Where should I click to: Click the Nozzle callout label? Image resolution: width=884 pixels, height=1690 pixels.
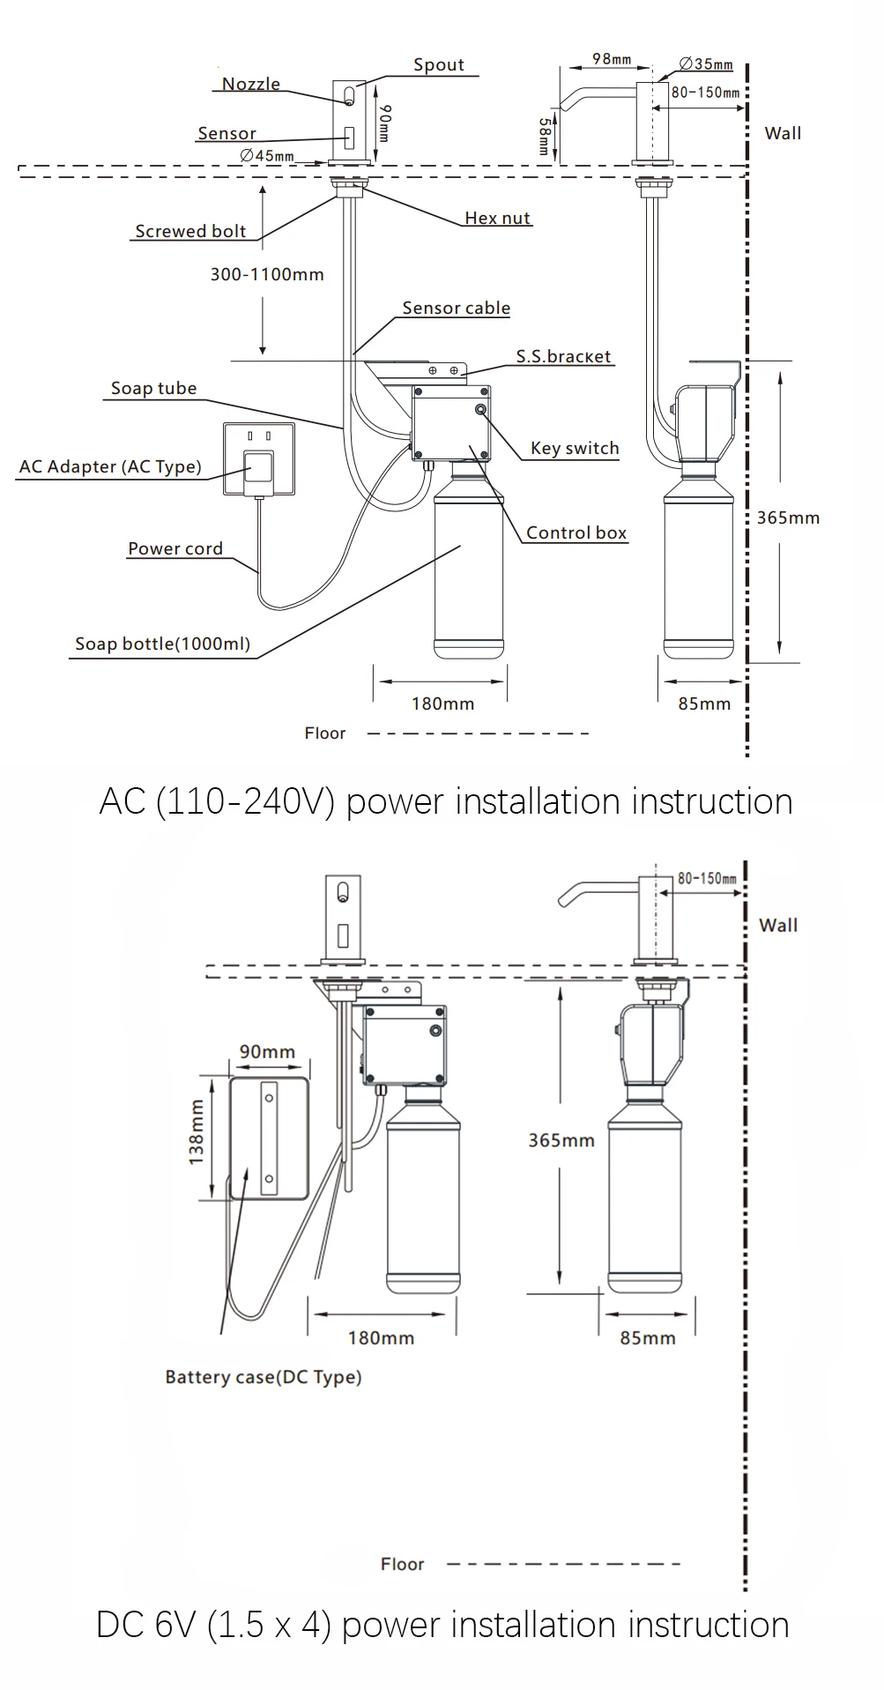(250, 84)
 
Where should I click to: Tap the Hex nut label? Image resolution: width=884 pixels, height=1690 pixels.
(497, 218)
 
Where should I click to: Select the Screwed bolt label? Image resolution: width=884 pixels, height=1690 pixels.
(190, 231)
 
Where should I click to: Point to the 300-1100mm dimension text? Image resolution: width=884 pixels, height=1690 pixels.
(266, 274)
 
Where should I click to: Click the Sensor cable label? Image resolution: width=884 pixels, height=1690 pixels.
(456, 308)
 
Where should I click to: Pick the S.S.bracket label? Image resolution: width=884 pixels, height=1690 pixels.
(563, 356)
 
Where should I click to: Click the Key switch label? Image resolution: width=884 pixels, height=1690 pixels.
(575, 448)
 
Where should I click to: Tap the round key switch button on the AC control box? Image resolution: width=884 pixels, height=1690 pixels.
(481, 410)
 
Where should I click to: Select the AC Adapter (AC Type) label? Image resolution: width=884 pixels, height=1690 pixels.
(110, 466)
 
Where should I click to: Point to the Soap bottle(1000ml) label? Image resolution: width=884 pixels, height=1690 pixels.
(162, 644)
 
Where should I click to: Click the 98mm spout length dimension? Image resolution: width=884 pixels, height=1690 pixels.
(611, 59)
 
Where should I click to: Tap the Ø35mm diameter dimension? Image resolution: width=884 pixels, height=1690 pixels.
(706, 63)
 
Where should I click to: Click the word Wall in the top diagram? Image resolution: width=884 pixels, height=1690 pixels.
(783, 133)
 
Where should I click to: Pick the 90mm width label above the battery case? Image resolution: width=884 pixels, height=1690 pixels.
(267, 1052)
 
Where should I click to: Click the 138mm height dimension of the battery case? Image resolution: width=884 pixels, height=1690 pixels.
(196, 1133)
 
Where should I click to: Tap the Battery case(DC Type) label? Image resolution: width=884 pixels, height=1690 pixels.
(263, 1376)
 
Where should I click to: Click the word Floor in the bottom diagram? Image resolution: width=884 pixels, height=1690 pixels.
(402, 1563)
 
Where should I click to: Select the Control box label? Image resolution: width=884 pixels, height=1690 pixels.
(576, 532)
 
